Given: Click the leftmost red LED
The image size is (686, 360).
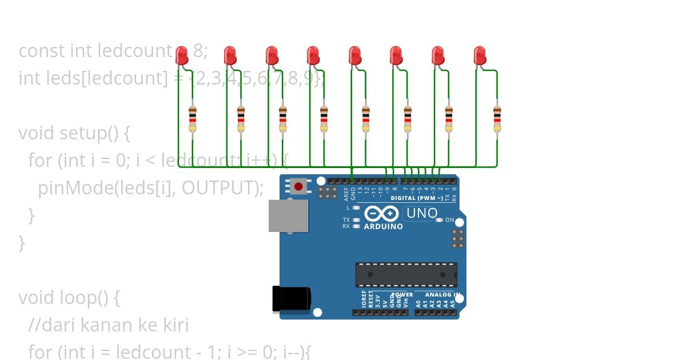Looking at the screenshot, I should click(x=182, y=55).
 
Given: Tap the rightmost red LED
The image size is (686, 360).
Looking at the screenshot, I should click(x=480, y=55).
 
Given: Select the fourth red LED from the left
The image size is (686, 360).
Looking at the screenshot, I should click(x=313, y=55).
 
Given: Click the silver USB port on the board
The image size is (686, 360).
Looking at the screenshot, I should click(x=288, y=215).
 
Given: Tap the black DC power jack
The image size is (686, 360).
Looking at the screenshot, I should click(x=291, y=299).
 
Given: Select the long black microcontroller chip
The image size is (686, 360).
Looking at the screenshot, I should click(x=406, y=274).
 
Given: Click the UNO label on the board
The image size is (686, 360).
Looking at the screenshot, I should click(x=421, y=214).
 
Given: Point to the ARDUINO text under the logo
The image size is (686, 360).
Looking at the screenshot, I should click(x=383, y=226).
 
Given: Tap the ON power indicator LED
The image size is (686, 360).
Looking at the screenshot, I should click(x=441, y=220).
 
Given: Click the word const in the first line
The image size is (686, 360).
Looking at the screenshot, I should click(x=42, y=51).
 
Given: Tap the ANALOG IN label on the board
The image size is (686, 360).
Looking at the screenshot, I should click(x=442, y=295).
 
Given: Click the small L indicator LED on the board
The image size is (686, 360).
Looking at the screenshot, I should click(x=356, y=208).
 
